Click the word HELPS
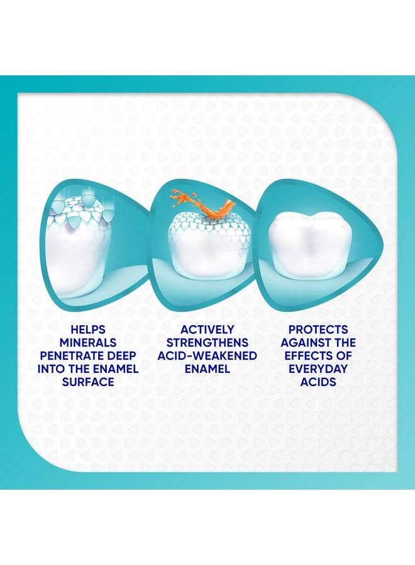87,330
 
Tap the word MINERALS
87,343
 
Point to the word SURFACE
87,382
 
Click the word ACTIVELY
207,330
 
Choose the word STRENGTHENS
207,343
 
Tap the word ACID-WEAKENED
207,356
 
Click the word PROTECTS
318,330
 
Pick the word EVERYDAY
318,369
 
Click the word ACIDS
318,382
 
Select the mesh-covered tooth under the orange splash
207,248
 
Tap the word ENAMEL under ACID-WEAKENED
207,369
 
